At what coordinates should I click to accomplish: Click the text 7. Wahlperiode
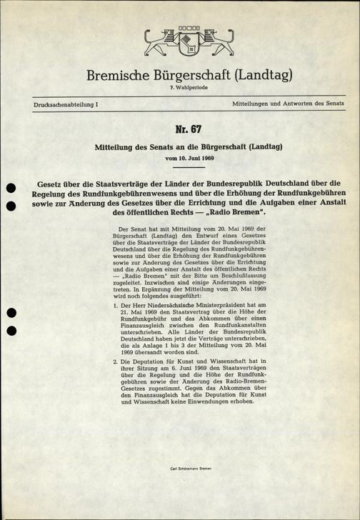[181, 88]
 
